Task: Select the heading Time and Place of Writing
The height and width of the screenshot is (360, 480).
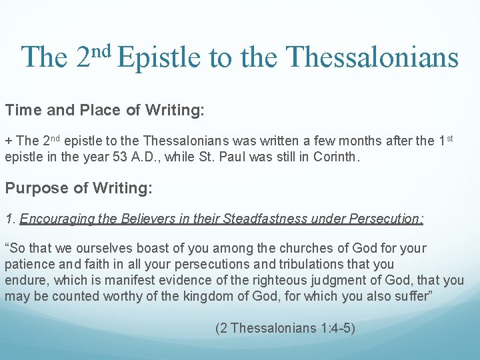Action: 105,111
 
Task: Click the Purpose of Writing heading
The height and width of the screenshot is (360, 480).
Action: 79,188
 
